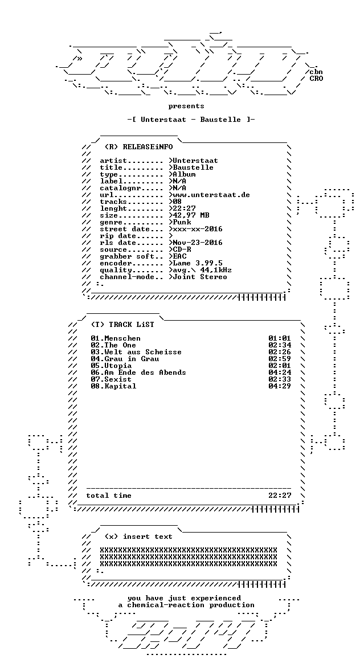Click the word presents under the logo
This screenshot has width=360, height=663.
186,106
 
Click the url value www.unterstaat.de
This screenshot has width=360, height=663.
211,195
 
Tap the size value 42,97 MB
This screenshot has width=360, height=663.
191,216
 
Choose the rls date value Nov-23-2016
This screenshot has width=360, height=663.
198,243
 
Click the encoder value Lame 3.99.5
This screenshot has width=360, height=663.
198,263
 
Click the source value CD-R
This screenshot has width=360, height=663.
182,249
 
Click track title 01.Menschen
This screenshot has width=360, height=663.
116,338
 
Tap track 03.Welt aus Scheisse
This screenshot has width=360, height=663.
136,352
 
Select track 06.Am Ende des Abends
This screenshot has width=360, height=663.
138,373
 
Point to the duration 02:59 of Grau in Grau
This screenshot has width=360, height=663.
280,359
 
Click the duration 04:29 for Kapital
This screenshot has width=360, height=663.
280,386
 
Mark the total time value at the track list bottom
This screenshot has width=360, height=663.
280,496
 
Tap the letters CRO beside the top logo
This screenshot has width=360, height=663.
317,79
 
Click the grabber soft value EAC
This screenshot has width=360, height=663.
180,256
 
